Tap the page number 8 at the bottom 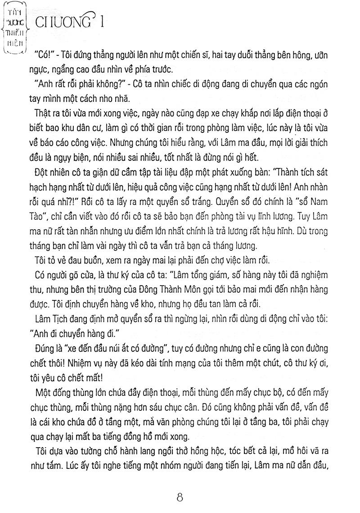[x=180, y=498]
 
